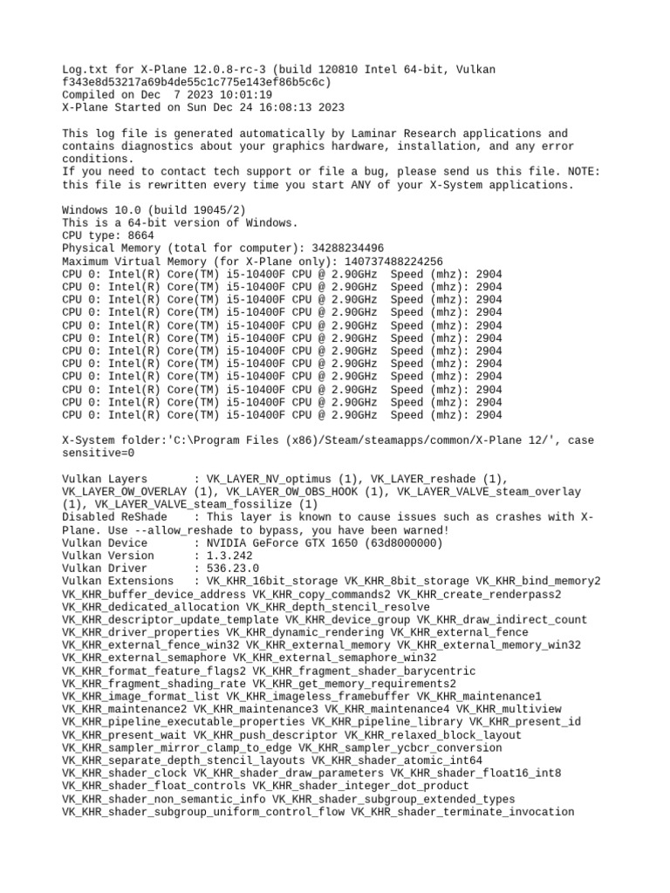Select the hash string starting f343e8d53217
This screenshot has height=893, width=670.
196,82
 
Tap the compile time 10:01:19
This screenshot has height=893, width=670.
246,95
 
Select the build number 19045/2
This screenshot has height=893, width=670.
216,210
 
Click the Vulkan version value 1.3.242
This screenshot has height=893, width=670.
229,556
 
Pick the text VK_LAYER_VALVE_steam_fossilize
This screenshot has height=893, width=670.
196,504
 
